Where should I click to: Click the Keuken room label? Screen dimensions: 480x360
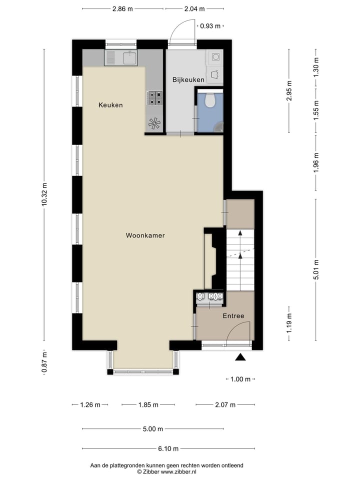tap(110, 105)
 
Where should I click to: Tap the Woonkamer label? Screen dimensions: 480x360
tap(145, 235)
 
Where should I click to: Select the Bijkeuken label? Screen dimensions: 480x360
tap(188, 79)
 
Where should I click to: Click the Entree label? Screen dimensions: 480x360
tap(233, 315)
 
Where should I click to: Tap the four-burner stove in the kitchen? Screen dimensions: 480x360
tap(154, 97)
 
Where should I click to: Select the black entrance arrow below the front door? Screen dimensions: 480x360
tap(240, 357)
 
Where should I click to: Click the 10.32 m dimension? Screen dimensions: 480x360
tap(44, 195)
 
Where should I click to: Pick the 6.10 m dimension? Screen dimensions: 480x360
tap(153, 448)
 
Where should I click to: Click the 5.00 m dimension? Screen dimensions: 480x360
tap(153, 428)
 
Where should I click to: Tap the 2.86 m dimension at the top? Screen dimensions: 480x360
tap(122, 8)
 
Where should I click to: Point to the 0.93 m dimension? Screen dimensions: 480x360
tap(210, 26)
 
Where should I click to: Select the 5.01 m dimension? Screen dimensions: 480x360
tap(315, 270)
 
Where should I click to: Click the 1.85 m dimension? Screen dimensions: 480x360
tap(148, 405)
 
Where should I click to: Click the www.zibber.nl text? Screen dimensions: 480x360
tap(177, 471)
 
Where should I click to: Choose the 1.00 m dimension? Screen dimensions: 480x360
tap(240, 379)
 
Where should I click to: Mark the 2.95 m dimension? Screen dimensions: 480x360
tap(289, 90)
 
